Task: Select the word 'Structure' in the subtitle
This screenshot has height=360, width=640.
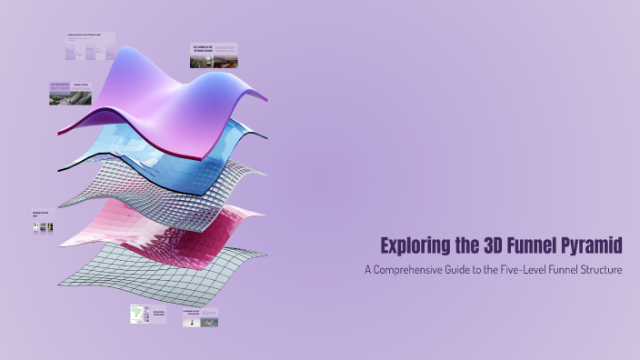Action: click(x=598, y=270)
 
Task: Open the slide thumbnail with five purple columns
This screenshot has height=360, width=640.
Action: click(x=89, y=47)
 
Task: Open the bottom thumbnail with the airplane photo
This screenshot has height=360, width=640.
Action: click(x=200, y=317)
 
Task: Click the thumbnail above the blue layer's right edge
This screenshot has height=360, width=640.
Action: click(x=214, y=55)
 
